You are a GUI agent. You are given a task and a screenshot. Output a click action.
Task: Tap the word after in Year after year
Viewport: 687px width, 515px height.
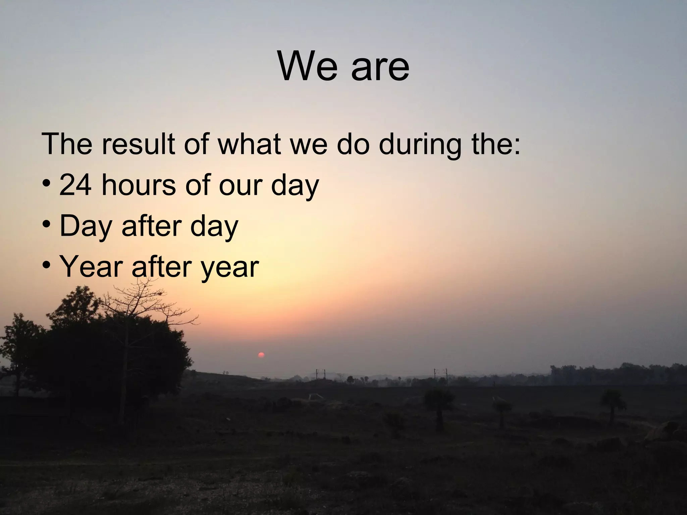(x=157, y=267)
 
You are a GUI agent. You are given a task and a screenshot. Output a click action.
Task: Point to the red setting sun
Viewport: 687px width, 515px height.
(x=261, y=355)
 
